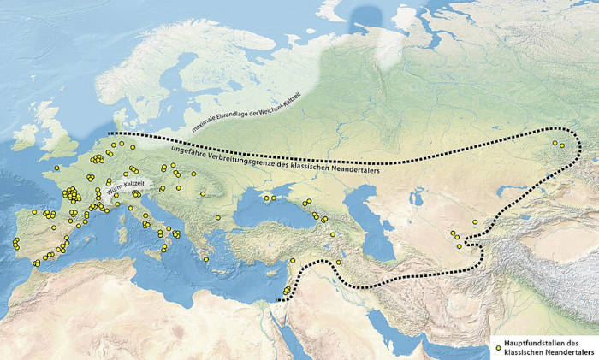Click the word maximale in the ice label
click(208, 128)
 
